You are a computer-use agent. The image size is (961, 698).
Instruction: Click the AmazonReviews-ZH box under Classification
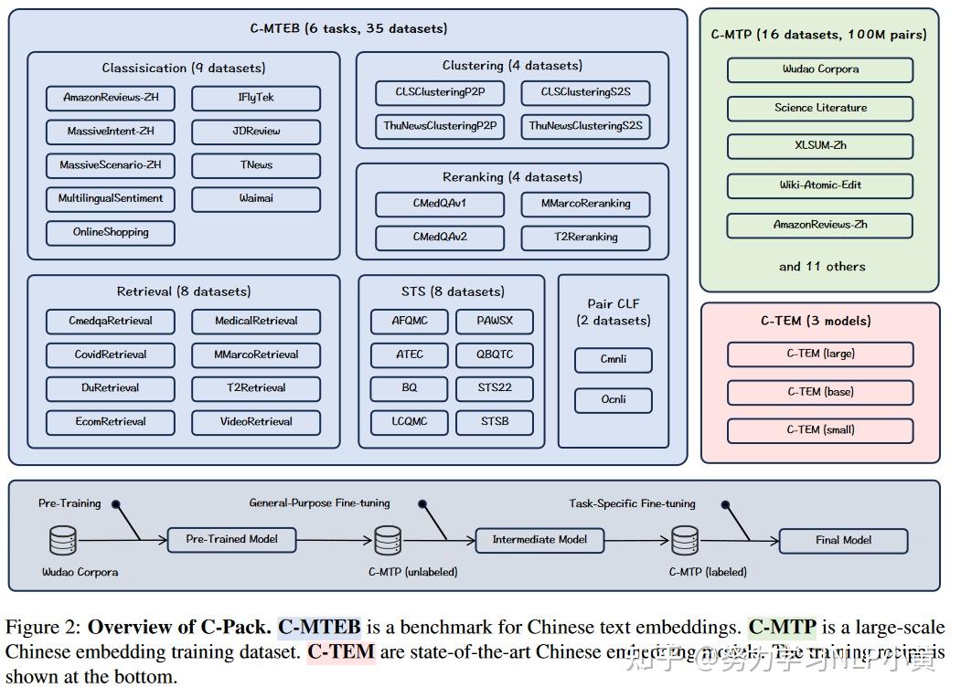tap(110, 98)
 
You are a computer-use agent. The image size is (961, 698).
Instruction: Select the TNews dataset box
tap(256, 165)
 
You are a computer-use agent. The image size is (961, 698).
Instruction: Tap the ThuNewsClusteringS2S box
tap(585, 126)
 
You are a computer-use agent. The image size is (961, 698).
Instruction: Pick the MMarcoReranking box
tap(585, 204)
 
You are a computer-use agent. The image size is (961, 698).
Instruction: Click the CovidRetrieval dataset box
tap(110, 354)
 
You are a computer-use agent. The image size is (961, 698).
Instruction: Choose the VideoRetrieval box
tap(256, 422)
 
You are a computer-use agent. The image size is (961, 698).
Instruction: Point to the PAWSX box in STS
tap(495, 321)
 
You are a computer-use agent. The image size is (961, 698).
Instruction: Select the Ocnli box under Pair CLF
tap(614, 400)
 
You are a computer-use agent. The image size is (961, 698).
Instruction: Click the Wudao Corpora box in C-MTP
tap(820, 69)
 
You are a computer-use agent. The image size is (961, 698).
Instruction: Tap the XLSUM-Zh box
tap(820, 146)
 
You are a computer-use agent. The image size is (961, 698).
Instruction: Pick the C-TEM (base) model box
tap(820, 392)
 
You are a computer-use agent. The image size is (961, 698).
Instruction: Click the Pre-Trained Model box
tap(233, 539)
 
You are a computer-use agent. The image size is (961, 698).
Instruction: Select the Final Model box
tap(843, 540)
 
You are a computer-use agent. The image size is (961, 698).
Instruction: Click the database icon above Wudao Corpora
tap(63, 541)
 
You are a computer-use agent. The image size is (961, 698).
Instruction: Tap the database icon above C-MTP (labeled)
tap(685, 541)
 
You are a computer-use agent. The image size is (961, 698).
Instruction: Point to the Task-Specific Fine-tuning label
tap(632, 503)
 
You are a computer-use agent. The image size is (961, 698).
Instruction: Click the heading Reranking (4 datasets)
tap(512, 177)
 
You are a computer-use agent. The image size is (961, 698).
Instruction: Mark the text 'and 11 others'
tap(821, 267)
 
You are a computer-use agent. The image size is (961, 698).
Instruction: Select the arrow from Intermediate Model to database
tap(636, 540)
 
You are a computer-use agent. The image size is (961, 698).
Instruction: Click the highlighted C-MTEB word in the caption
tap(320, 628)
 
